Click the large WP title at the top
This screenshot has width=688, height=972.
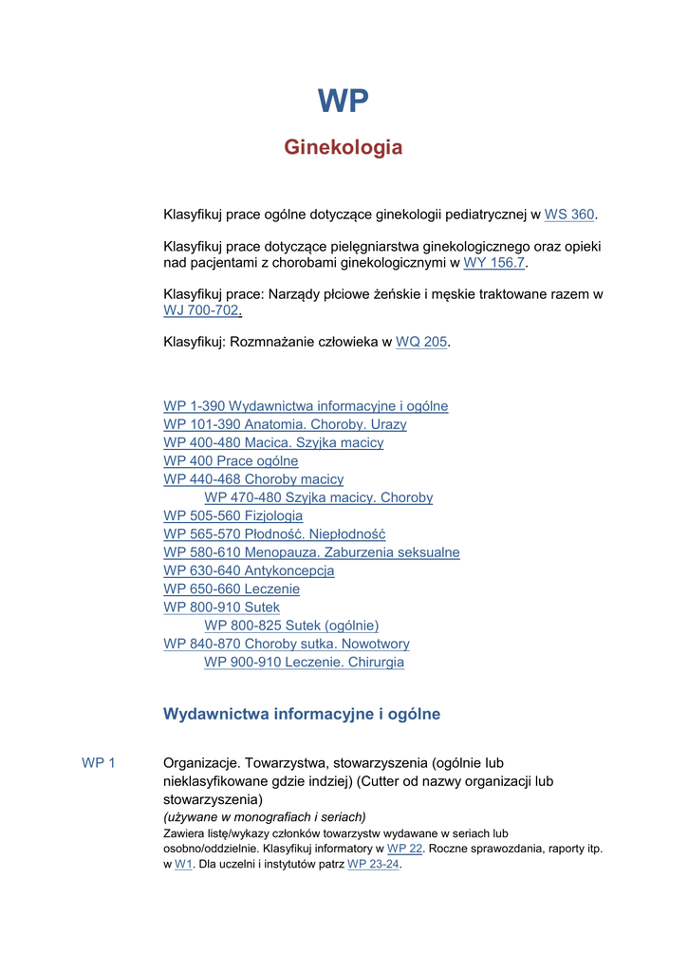(x=343, y=101)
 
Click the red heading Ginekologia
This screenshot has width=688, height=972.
(x=344, y=147)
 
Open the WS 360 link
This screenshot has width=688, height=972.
(x=569, y=215)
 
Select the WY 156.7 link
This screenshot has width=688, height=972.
(x=493, y=263)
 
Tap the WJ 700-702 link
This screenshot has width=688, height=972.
(x=202, y=310)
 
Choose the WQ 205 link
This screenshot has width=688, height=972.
(x=421, y=342)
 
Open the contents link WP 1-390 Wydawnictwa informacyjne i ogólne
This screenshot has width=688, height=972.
(x=306, y=406)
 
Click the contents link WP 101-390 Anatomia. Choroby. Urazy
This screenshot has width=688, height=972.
(x=285, y=424)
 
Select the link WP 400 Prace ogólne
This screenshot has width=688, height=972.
(x=231, y=461)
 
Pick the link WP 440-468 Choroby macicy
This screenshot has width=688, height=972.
(x=253, y=479)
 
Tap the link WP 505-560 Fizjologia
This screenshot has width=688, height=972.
(x=233, y=516)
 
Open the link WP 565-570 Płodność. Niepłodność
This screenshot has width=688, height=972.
(x=274, y=534)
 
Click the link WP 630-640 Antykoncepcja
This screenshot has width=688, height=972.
(x=249, y=571)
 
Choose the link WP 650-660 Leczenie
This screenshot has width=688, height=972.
(x=232, y=589)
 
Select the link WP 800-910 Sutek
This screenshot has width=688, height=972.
(x=221, y=607)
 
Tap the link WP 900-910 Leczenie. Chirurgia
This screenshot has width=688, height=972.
(x=304, y=663)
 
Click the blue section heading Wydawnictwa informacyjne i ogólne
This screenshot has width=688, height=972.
(x=302, y=714)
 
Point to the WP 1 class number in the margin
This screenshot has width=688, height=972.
(x=99, y=763)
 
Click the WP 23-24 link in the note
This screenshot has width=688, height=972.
(x=374, y=865)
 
